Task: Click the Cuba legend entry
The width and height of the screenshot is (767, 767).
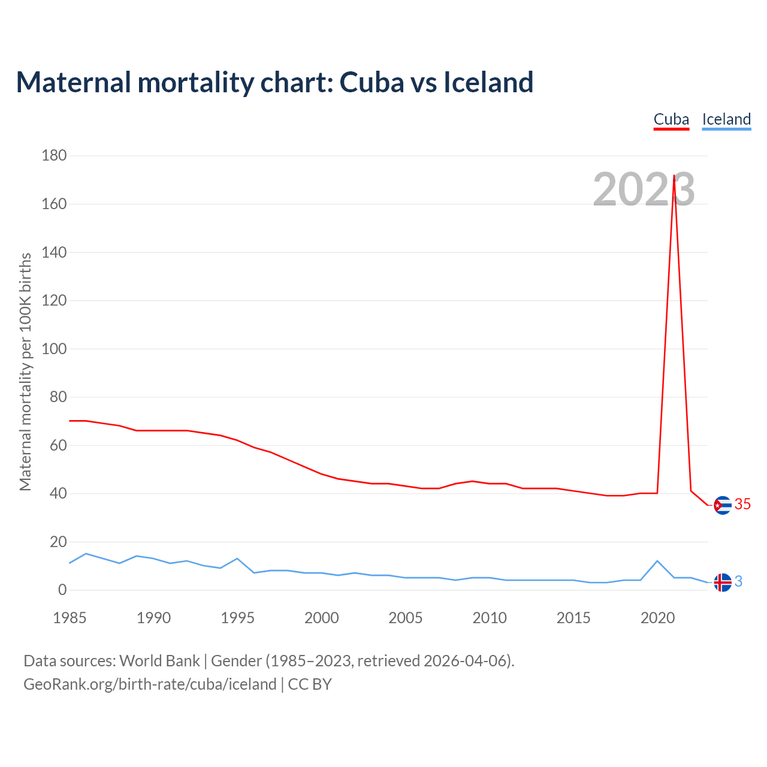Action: pyautogui.click(x=671, y=119)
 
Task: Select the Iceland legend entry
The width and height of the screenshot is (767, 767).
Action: pyautogui.click(x=726, y=119)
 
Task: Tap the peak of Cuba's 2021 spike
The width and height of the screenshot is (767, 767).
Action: pyautogui.click(x=674, y=176)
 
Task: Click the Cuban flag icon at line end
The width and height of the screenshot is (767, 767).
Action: pyautogui.click(x=723, y=506)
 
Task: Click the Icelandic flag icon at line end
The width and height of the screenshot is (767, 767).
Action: pyautogui.click(x=723, y=582)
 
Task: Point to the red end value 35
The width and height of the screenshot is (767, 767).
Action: pyautogui.click(x=742, y=505)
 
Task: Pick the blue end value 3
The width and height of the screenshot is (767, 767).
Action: pyautogui.click(x=738, y=581)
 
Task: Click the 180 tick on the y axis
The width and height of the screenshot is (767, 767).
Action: pyautogui.click(x=54, y=156)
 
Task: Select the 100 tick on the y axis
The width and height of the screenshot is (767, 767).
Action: pyautogui.click(x=54, y=349)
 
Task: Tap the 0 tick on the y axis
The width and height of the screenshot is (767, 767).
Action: pyautogui.click(x=62, y=590)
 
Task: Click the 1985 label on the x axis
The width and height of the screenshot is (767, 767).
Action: pyautogui.click(x=70, y=618)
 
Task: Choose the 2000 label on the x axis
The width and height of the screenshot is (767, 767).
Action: pyautogui.click(x=322, y=618)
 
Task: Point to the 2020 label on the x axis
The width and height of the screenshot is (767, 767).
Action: pyautogui.click(x=657, y=618)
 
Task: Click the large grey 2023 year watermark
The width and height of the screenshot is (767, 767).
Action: pyautogui.click(x=644, y=189)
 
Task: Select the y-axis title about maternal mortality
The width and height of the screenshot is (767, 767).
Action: pyautogui.click(x=25, y=372)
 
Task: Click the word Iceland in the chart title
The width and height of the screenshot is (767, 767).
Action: pyautogui.click(x=488, y=82)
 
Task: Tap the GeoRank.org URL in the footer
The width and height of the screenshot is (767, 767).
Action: pyautogui.click(x=150, y=684)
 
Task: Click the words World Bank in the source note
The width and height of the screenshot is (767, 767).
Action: pyautogui.click(x=159, y=661)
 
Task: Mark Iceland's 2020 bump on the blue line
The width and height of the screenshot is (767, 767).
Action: pyautogui.click(x=657, y=561)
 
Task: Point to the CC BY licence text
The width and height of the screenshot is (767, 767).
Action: pyautogui.click(x=310, y=684)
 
